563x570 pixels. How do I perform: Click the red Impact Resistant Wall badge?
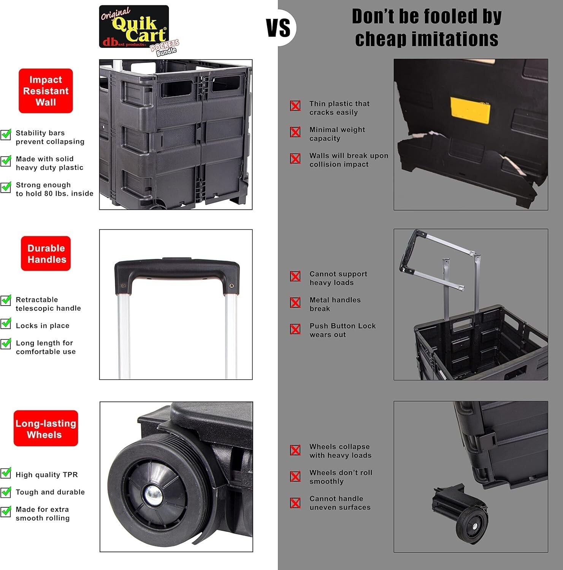pyautogui.click(x=46, y=91)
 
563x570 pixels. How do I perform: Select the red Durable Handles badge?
pyautogui.click(x=46, y=253)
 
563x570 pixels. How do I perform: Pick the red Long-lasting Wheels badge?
pyautogui.click(x=46, y=428)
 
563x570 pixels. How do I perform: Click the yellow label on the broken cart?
pyautogui.click(x=470, y=110)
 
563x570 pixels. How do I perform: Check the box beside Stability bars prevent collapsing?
pyautogui.click(x=6, y=135)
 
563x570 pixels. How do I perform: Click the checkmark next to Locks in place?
pyautogui.click(x=6, y=323)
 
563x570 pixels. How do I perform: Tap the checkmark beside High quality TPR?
pyautogui.click(x=6, y=473)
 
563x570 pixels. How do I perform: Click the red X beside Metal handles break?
pyautogui.click(x=295, y=302)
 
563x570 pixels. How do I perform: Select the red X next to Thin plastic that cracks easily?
pyautogui.click(x=295, y=106)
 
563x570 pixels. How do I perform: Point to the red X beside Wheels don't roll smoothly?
pyautogui.click(x=295, y=476)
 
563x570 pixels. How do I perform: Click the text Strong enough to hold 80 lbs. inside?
pyautogui.click(x=54, y=189)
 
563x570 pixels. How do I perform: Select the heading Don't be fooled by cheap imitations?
pyautogui.click(x=427, y=28)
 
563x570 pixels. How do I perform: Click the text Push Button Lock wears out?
pyautogui.click(x=342, y=330)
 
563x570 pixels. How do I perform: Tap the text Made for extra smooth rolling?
pyautogui.click(x=43, y=513)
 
